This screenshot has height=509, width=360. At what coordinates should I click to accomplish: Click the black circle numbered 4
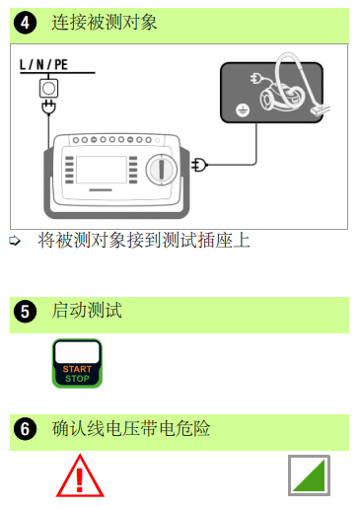pos(25,23)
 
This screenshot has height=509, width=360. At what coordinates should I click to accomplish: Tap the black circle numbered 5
pos(25,312)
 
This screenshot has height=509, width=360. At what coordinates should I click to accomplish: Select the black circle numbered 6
pos(25,429)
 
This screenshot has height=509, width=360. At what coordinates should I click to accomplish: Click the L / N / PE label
pos(43,64)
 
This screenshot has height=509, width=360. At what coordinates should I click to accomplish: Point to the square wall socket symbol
pos(48,88)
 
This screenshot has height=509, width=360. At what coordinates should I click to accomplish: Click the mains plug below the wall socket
pos(48,108)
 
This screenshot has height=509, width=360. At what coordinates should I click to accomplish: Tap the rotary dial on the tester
pos(161,170)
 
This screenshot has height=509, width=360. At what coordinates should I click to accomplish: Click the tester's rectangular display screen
pos(102,170)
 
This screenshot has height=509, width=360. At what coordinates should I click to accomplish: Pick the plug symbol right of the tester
pos(199,165)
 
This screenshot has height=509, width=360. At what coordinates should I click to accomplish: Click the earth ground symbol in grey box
pos(243,110)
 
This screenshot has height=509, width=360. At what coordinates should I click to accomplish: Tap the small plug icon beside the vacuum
pos(256,78)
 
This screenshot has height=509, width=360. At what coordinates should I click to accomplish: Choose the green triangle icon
pos(309,475)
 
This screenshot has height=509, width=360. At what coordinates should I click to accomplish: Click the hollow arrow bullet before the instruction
pos(15,241)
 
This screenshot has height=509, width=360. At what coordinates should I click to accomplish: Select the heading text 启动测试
pos(87,311)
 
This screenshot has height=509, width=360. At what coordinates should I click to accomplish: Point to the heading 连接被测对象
pos(105,23)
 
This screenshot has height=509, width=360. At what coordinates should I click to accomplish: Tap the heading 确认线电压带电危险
pos(131,428)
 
